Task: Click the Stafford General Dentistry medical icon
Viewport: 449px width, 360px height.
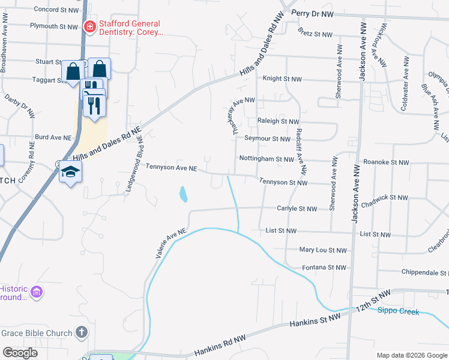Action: pos(89,26)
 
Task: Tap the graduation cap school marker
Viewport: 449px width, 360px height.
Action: pos(70,172)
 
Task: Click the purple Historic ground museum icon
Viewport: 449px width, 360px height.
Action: pos(37,292)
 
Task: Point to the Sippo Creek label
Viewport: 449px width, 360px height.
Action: pos(397,310)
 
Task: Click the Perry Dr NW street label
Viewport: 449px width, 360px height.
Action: pos(312,13)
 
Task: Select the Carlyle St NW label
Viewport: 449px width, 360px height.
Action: pos(296,209)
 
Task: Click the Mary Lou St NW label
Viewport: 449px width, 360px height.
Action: pos(323,250)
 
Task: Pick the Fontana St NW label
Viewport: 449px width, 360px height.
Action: pos(324,268)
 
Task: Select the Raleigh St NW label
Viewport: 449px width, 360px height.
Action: pos(277,121)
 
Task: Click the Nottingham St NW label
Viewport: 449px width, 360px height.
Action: pos(267,160)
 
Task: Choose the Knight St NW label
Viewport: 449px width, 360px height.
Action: pos(282,79)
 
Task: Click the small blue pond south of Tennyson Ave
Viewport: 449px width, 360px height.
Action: pos(184,194)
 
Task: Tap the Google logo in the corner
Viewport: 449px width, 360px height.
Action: pos(20,353)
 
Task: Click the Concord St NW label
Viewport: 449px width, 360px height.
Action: pos(56,10)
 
